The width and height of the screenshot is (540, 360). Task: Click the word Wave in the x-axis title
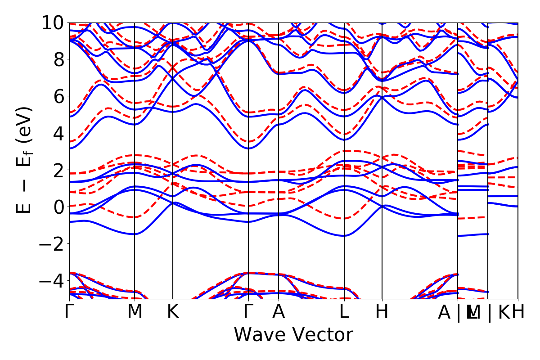click(258, 335)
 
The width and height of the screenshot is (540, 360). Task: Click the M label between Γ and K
click(135, 312)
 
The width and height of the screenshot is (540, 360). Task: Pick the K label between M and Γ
click(173, 312)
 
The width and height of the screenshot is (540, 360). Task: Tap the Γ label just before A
click(248, 312)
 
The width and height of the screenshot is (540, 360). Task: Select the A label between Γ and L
click(279, 312)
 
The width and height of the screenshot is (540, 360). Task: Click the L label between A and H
click(344, 312)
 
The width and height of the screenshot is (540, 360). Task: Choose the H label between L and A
click(382, 312)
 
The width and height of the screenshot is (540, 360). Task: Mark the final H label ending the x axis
click(518, 312)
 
